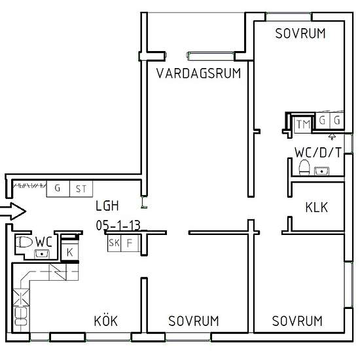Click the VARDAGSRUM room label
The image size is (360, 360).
coord(198,73)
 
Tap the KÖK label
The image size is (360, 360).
coord(106,321)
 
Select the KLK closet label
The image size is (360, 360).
coord(317,207)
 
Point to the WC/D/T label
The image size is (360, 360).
coord(318,153)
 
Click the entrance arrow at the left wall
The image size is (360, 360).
coord(12,211)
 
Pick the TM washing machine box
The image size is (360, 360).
coord(303,124)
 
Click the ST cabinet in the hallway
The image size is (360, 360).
coord(81,189)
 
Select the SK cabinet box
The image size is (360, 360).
coord(114,243)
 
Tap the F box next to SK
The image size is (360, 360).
coord(130,243)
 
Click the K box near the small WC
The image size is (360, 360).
coord(70,251)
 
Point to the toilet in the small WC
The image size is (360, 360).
coord(24,242)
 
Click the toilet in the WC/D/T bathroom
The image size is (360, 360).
coord(304,167)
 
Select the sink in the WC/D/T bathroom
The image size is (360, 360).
coord(321,171)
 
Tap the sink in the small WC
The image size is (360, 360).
coord(42,254)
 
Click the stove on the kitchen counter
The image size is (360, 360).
coord(21,297)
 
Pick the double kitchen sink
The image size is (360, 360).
coord(21,316)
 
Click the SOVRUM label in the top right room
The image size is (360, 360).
coord(300,33)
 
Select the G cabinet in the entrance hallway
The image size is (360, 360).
coord(58,189)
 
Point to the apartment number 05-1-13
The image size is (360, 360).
coord(118,225)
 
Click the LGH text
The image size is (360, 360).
coord(107,206)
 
